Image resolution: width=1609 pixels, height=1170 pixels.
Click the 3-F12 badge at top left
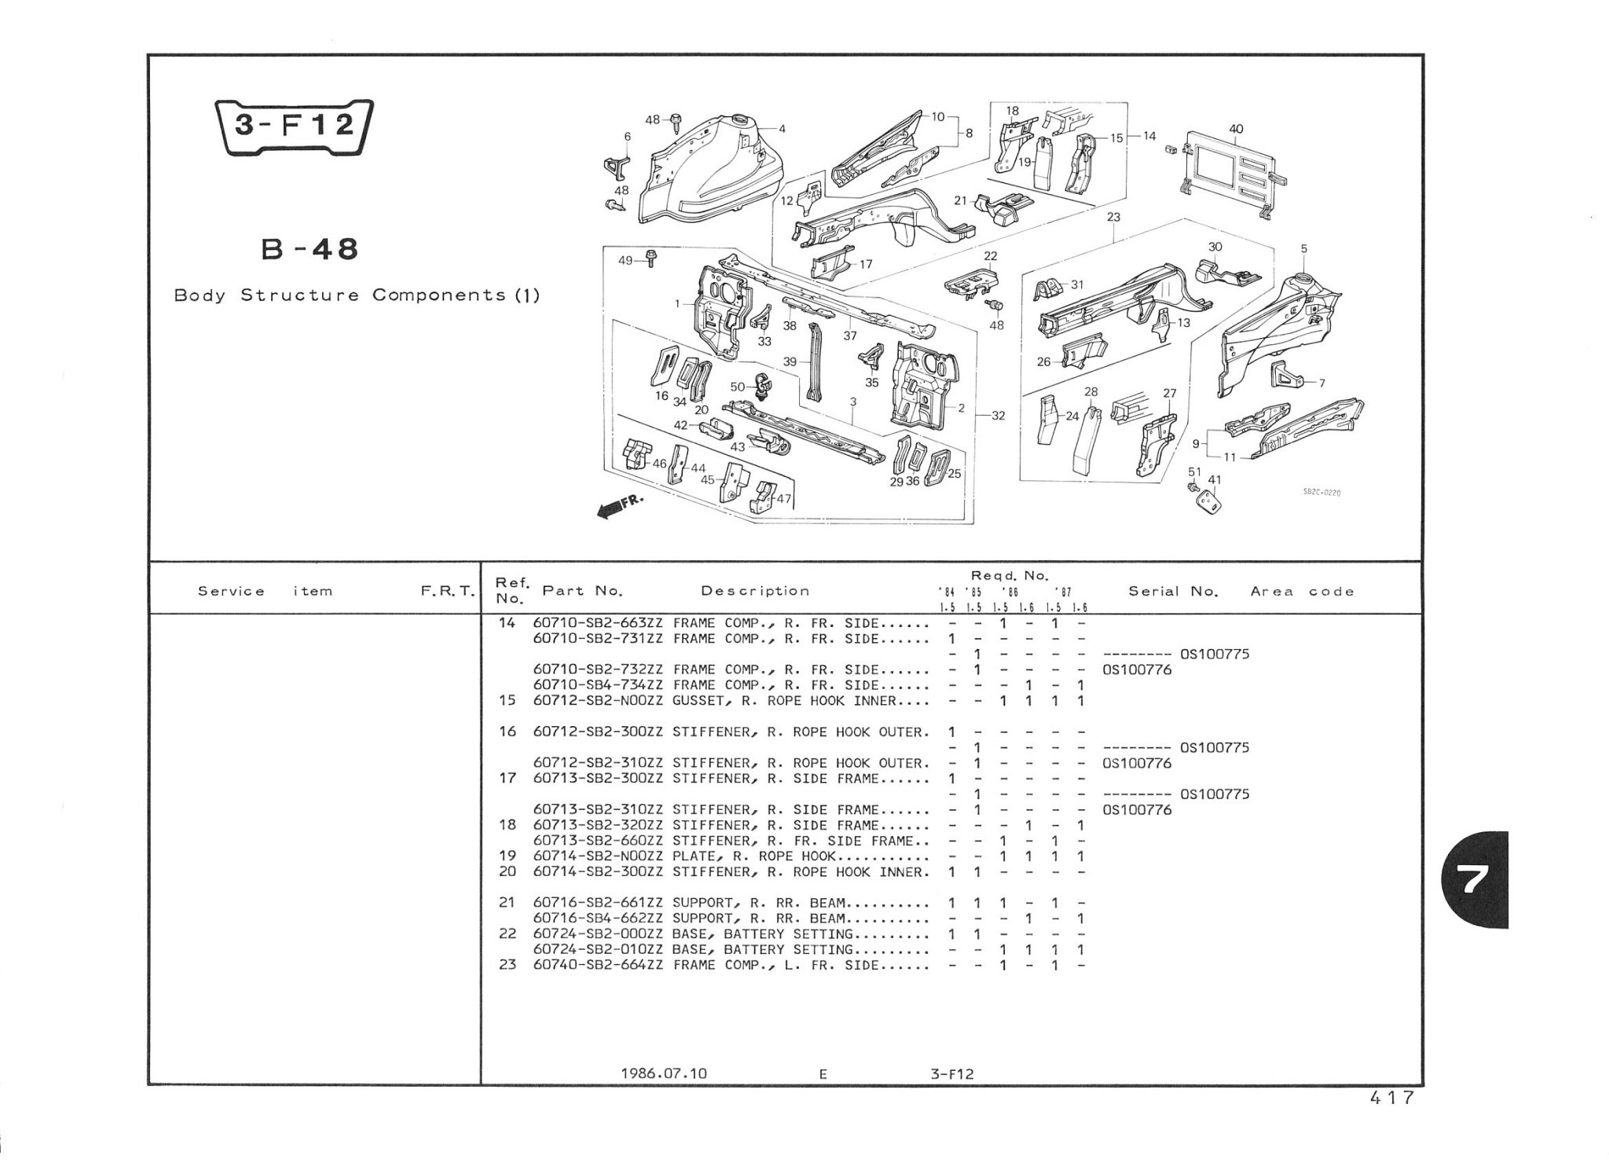[294, 127]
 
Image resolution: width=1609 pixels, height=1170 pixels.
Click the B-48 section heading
[309, 249]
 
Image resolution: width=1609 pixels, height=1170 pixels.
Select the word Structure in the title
[299, 295]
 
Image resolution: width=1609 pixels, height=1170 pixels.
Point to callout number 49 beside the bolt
[625, 260]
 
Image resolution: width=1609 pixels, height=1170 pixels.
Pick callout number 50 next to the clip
[738, 387]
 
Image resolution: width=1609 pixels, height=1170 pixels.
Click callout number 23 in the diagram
[1112, 217]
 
